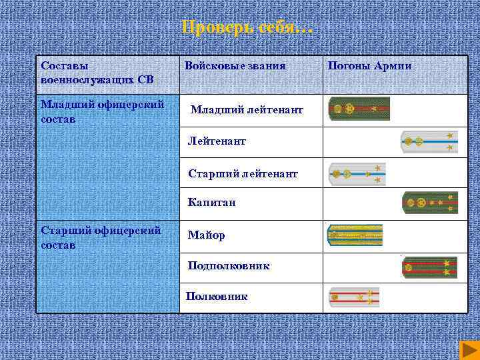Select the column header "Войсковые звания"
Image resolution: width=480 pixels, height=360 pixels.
(x=235, y=66)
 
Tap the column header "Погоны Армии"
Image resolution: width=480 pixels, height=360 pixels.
(x=369, y=66)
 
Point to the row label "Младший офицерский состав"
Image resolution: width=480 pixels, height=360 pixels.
(x=102, y=112)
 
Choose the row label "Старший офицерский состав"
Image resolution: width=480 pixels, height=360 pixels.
(x=101, y=237)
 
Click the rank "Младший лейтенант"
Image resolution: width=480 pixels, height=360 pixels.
(x=247, y=109)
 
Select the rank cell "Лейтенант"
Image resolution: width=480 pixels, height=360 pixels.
(x=217, y=141)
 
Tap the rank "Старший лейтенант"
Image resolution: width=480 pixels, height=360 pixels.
(x=243, y=173)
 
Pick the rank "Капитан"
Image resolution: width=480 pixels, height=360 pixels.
(x=211, y=202)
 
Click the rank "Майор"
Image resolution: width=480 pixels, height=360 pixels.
(x=206, y=235)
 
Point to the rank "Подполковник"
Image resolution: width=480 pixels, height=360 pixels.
(x=229, y=265)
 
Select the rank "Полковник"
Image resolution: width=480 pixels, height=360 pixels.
(x=217, y=296)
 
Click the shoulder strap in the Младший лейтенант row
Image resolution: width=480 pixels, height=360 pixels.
(x=359, y=109)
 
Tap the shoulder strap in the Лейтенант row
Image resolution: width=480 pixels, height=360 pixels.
(x=429, y=141)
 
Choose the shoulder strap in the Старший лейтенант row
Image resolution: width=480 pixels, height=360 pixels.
(x=357, y=173)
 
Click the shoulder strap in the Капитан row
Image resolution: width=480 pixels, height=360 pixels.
(x=430, y=202)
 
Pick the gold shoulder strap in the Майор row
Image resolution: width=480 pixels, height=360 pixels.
(x=355, y=235)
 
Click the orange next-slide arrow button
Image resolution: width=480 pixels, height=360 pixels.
(x=467, y=349)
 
